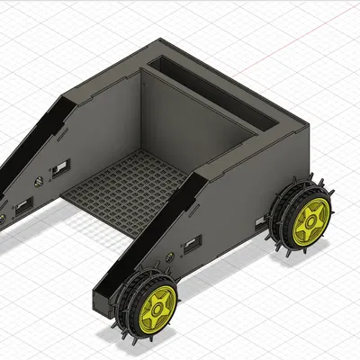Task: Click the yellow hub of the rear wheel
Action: click(x=312, y=218)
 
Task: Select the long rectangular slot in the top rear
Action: click(x=216, y=90)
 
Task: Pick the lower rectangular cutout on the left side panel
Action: click(x=22, y=209)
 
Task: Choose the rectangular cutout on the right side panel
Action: click(x=192, y=245)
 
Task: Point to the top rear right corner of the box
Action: click(x=297, y=125)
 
